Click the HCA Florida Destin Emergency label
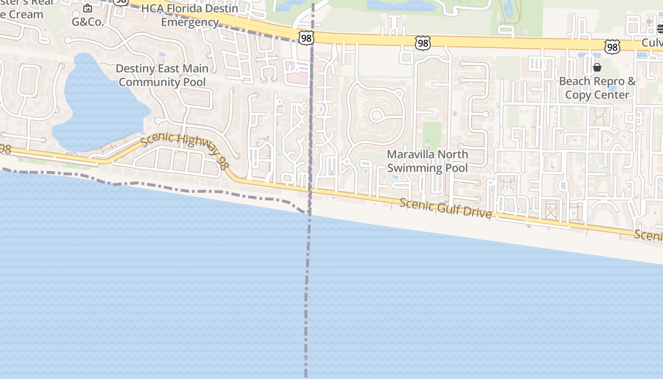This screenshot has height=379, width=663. [189, 15]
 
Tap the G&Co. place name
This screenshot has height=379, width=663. [88, 22]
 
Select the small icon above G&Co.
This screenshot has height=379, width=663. [88, 8]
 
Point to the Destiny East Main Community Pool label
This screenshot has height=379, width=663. [162, 75]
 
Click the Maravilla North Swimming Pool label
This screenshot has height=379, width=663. [427, 161]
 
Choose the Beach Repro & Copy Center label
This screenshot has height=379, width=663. [597, 88]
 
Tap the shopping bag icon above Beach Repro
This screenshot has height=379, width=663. [597, 67]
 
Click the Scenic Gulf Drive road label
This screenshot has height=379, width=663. [445, 208]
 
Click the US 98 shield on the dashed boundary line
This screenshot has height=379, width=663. [306, 37]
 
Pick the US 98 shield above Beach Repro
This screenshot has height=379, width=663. [612, 46]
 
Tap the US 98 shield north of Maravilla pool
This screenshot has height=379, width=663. [422, 43]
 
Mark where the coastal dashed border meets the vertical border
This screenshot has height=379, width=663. [309, 214]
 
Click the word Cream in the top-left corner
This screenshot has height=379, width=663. [27, 14]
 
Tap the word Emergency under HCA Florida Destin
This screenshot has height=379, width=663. [189, 22]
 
